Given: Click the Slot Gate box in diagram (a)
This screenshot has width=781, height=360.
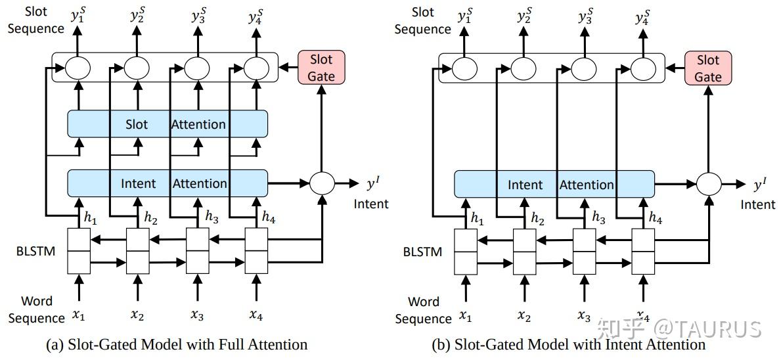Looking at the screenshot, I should coord(321,68).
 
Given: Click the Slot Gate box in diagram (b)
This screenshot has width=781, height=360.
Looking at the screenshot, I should coord(707,68).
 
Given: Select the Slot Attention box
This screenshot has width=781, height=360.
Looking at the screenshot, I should coord(167,124).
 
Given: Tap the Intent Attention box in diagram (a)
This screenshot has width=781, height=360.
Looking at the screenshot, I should coord(167,183).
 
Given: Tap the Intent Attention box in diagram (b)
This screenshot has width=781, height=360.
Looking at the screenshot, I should coord(554,185).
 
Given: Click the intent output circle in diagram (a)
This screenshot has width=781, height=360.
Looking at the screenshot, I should coord(322,183).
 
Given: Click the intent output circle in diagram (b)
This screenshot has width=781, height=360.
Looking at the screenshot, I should coord(709,184).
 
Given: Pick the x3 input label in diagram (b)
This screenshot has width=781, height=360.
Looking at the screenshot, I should coord(583,316).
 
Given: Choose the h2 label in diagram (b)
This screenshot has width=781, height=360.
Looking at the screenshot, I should coord(537,219).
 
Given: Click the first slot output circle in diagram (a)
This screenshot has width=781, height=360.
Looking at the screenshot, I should coord(78,67).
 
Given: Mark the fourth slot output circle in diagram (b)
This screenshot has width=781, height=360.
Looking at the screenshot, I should coord(644,68).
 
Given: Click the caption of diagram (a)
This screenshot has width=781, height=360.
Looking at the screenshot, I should coord(177,344).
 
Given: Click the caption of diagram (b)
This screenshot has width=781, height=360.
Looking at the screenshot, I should coord(568,344).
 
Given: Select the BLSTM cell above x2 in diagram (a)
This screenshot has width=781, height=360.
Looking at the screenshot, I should coord(137,250).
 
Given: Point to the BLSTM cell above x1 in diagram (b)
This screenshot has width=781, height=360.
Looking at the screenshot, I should coord(465,251).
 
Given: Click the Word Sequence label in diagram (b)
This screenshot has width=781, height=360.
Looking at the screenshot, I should coord(424,310).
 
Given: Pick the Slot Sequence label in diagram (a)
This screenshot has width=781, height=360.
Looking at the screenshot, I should coord(36,20).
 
